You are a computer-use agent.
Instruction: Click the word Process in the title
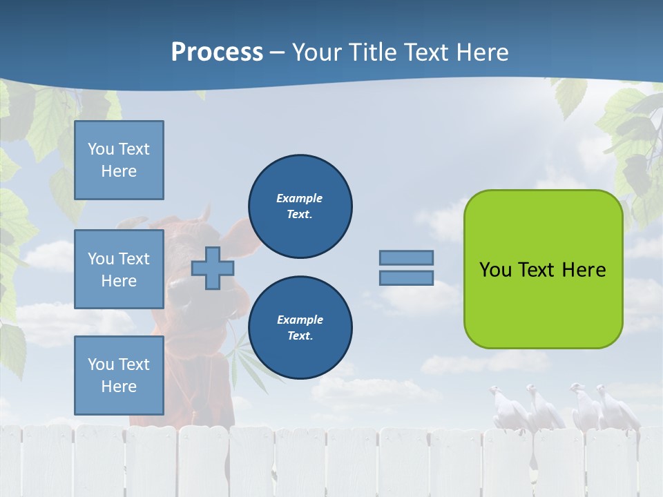(x=217, y=52)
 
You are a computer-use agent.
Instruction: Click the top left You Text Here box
(x=119, y=160)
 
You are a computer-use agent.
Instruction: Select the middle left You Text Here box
(x=119, y=269)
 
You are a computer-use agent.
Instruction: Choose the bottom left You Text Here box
(x=119, y=376)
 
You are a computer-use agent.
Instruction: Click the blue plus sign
(x=212, y=269)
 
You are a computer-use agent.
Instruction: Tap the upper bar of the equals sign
(x=406, y=257)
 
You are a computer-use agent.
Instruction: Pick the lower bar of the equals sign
(x=406, y=277)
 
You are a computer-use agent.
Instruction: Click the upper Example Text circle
(x=300, y=206)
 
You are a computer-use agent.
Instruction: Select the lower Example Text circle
(x=300, y=328)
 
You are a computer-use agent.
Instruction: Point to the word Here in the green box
(x=584, y=270)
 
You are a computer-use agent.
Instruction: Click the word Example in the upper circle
(x=300, y=198)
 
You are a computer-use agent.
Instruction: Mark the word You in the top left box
(x=99, y=149)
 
